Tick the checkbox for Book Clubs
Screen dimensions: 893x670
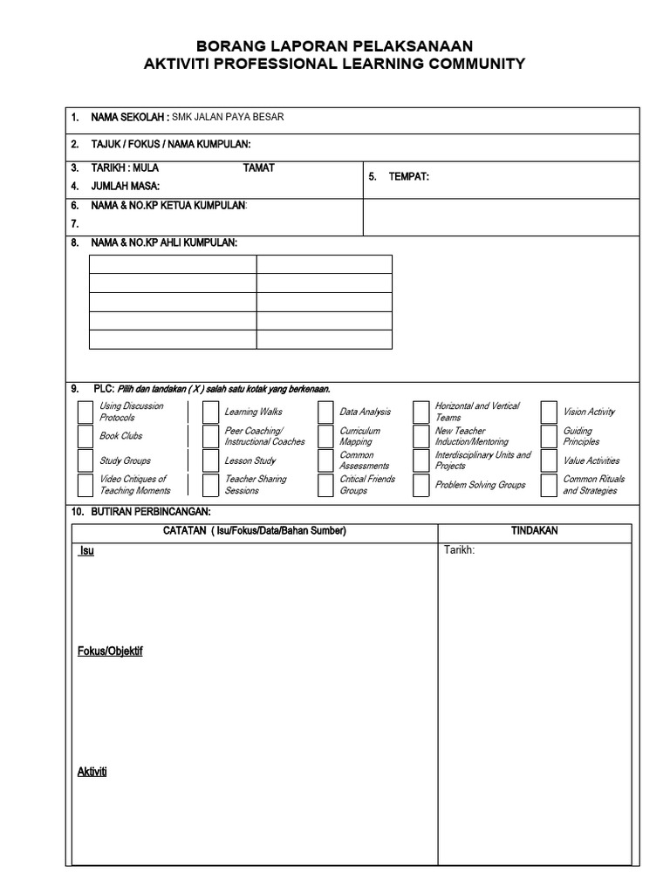click(85, 436)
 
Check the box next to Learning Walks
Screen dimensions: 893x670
click(210, 412)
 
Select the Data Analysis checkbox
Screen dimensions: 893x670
click(325, 412)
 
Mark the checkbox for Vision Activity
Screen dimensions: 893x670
click(549, 412)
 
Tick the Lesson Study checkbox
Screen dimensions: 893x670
click(210, 460)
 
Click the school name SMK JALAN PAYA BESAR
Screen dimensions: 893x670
click(228, 117)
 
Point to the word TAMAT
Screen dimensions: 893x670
click(258, 167)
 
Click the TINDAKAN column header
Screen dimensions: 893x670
click(534, 531)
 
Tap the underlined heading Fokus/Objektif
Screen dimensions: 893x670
click(110, 651)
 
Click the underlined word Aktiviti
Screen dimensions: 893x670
click(92, 772)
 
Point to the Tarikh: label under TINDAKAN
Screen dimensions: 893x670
click(459, 550)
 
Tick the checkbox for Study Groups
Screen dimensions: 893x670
click(85, 460)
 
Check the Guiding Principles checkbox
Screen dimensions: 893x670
click(549, 436)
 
